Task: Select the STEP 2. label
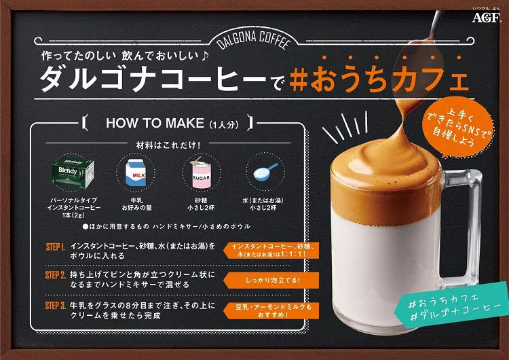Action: coord(55,276)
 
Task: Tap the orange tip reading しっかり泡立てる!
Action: coord(269,279)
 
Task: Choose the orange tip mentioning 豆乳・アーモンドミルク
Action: coord(269,310)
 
